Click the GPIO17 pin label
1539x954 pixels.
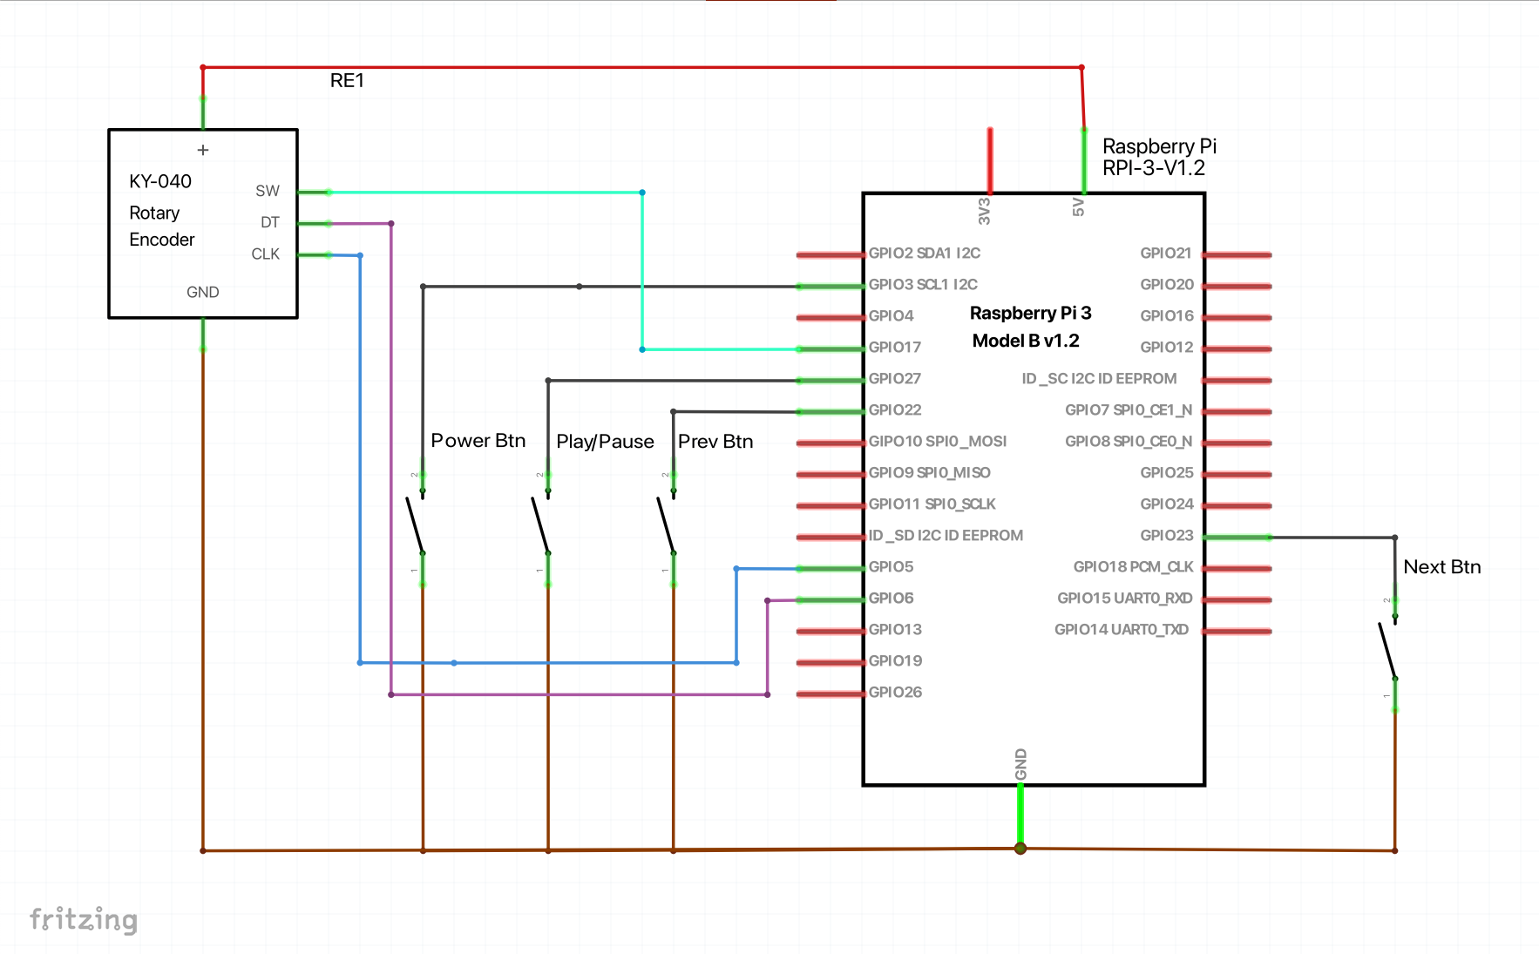pos(894,347)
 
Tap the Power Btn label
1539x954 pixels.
pos(478,441)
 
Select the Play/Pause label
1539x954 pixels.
pos(605,442)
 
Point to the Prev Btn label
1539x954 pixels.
pos(715,442)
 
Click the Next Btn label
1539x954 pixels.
pos(1441,567)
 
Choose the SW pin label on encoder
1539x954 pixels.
pos(268,191)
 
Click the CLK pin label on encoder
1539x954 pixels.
pos(265,254)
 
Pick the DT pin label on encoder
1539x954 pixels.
pos(269,223)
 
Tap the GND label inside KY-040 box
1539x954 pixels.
pos(202,293)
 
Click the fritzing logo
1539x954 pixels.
pos(84,919)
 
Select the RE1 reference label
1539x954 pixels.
pos(347,81)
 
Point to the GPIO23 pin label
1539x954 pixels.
pos(1166,535)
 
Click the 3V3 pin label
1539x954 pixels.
pos(985,211)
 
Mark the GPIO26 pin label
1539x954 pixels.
pos(895,692)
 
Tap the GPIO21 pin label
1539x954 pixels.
pos(1165,253)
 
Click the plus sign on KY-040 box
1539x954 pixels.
pos(203,150)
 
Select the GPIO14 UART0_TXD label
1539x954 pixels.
pos(1121,629)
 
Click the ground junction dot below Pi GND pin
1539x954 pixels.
pos(1020,849)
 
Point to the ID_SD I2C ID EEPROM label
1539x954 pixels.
pos(946,535)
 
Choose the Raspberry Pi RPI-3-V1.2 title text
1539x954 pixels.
pos(1158,157)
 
